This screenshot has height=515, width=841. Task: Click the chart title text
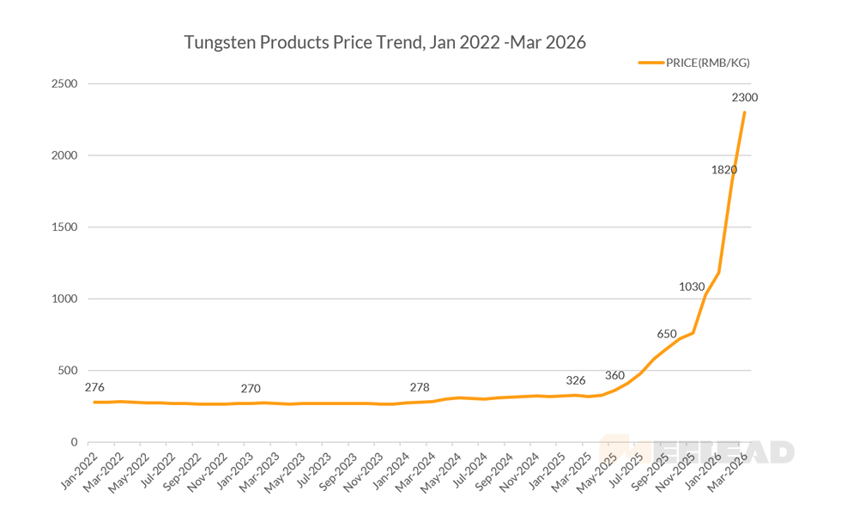(385, 42)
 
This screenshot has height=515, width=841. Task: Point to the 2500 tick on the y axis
(64, 84)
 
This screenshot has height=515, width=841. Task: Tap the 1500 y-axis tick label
(64, 227)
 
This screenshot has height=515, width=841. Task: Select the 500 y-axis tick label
(68, 371)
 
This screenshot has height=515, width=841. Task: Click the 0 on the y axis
(74, 442)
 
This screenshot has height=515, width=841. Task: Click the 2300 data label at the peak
(744, 98)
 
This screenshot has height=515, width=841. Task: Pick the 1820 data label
(723, 170)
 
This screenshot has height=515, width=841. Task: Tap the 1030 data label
(692, 287)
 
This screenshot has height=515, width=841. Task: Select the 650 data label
(667, 334)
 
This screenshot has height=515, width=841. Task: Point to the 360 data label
(614, 375)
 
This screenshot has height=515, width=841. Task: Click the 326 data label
(576, 380)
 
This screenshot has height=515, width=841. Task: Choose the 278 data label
(420, 387)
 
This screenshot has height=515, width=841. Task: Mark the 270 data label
(251, 389)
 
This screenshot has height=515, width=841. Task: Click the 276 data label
(94, 388)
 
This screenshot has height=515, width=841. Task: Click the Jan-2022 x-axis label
(80, 471)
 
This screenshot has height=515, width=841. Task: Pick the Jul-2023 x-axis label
(314, 471)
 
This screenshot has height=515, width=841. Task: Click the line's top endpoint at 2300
(744, 112)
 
